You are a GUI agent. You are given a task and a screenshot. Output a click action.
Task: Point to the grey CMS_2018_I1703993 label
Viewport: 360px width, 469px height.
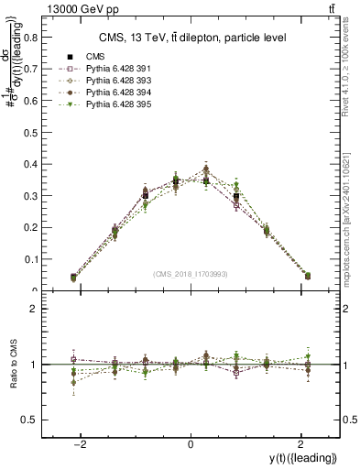click(191, 273)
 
